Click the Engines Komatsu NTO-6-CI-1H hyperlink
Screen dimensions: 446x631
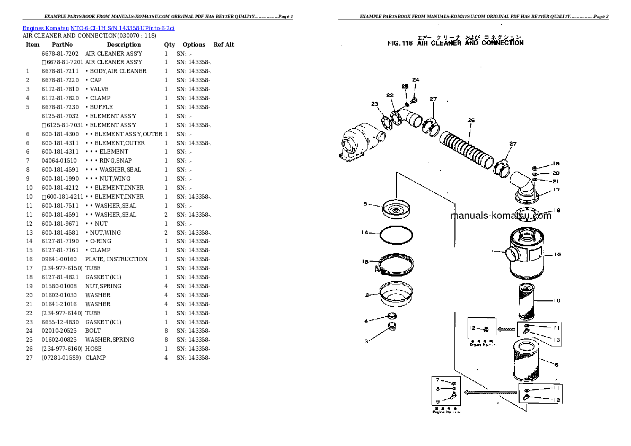tap(99, 28)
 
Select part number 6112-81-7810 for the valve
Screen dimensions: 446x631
tap(60, 89)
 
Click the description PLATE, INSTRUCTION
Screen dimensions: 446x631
tap(116, 259)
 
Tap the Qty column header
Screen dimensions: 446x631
tap(169, 44)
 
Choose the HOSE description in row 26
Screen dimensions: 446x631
tap(94, 349)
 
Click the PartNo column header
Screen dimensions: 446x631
tap(62, 44)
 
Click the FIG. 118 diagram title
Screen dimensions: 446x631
tap(455, 43)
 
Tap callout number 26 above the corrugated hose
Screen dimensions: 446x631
tap(471, 120)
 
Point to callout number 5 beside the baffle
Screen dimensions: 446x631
tap(365, 204)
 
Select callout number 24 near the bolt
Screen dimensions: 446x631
tap(416, 80)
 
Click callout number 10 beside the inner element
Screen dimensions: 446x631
tap(556, 301)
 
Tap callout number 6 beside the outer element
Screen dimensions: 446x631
tap(556, 364)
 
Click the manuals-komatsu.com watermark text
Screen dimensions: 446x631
tap(501, 216)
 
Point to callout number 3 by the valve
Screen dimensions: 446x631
tap(365, 341)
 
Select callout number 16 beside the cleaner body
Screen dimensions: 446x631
tap(557, 254)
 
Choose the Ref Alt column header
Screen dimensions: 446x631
tap(224, 44)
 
